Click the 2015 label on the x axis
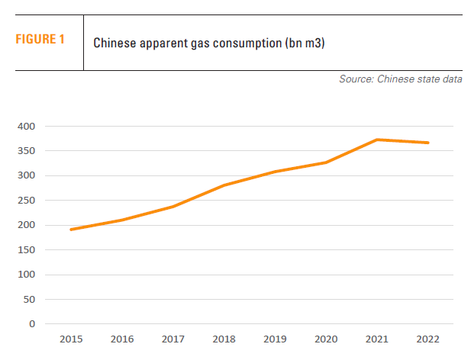[x=71, y=339]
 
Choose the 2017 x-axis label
[x=173, y=339]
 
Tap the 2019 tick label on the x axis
[x=276, y=339]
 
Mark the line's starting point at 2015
[x=71, y=230]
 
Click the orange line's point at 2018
[x=224, y=185]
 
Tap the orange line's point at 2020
[x=327, y=162]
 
